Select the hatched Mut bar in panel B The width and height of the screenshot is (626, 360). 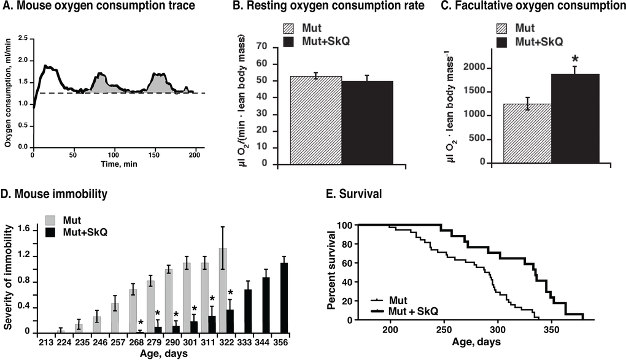(x=315, y=120)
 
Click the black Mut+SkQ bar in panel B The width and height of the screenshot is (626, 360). (x=368, y=123)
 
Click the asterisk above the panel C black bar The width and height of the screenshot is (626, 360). (x=576, y=60)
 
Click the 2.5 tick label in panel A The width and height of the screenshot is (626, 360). (x=24, y=39)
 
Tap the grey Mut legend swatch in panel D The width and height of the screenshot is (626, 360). (x=53, y=220)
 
